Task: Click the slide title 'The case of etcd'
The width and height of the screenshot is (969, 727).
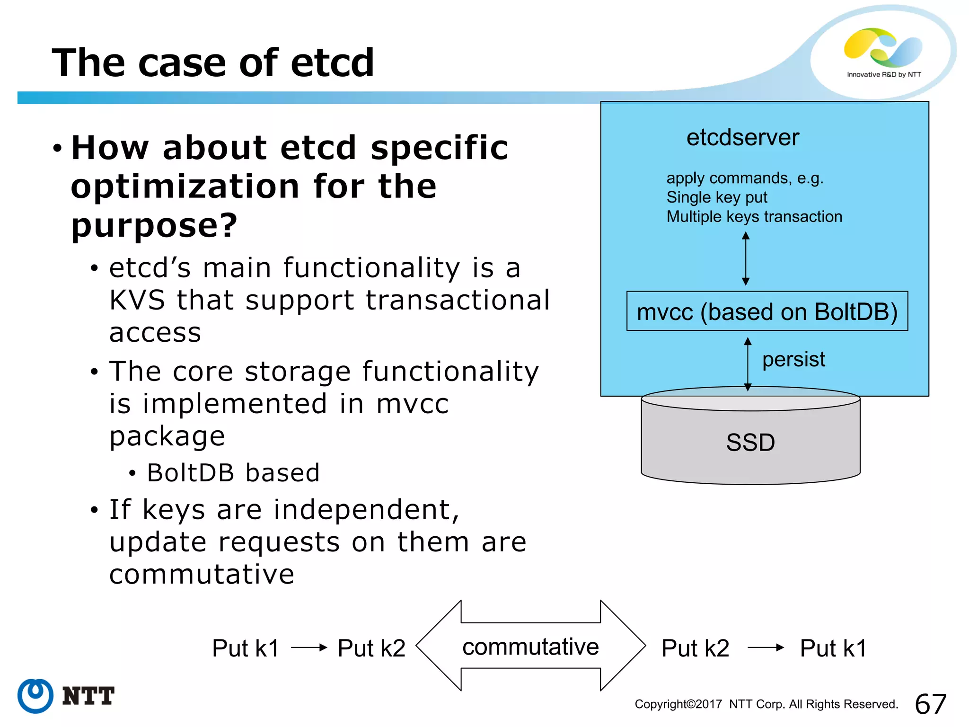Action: coord(213,62)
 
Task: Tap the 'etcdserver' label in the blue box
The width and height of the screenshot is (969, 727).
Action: coord(742,138)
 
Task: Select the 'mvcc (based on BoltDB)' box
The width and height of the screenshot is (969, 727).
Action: coord(766,311)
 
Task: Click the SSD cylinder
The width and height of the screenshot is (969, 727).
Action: coord(750,442)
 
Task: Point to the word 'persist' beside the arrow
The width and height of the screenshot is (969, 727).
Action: coord(793,359)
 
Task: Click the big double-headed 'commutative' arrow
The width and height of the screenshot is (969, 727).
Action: coord(530,646)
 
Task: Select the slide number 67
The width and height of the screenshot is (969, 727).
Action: coord(930,704)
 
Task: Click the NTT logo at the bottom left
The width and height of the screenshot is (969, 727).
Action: coord(66,696)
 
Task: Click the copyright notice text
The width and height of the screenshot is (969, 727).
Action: coord(766,704)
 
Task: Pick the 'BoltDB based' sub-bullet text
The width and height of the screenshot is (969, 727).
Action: coord(233,473)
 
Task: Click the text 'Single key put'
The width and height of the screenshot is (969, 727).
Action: coord(716,197)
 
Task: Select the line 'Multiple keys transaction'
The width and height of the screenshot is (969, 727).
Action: coord(754,217)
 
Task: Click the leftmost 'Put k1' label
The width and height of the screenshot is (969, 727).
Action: coord(246,648)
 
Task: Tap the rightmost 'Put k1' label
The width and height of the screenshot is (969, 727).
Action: coord(833,648)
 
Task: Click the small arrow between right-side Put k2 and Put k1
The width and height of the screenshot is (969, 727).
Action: coord(765,647)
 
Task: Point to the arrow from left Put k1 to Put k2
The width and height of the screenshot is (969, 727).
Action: coord(308,647)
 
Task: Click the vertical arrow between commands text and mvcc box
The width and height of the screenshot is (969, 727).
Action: coord(746,258)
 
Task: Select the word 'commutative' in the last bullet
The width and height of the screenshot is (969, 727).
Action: coord(202,574)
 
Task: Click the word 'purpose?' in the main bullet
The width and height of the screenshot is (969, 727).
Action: coord(154,225)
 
